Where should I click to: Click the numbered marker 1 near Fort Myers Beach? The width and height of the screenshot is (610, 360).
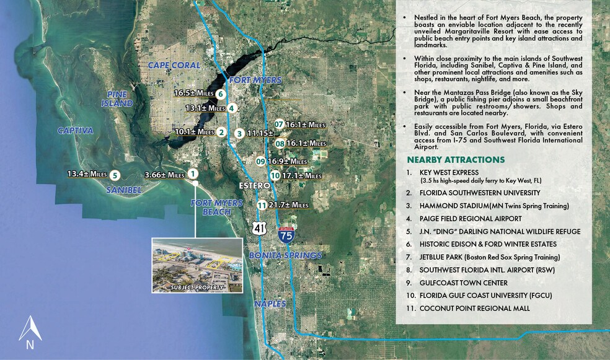coord(193,174)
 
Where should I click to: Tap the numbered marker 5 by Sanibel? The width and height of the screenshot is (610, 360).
coord(115,175)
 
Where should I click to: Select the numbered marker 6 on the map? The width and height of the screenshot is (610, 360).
coord(221,94)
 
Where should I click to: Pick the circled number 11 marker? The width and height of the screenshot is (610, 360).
coord(262,205)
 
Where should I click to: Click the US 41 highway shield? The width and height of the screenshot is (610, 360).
coord(258,229)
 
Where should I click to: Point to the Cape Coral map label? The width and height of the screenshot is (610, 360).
coord(174,65)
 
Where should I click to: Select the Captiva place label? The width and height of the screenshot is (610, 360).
coord(75,131)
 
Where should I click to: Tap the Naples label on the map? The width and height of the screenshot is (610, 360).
coord(270,304)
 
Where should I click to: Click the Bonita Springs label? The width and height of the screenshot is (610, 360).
coord(285,255)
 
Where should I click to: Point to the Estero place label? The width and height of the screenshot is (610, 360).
coord(255,185)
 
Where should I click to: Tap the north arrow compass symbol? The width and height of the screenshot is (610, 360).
coord(30,331)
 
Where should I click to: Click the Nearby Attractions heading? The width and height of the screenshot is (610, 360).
coord(456,160)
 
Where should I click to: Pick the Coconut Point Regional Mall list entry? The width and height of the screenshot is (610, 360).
coord(474,308)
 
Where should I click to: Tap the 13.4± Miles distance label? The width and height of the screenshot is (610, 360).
coord(87,174)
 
